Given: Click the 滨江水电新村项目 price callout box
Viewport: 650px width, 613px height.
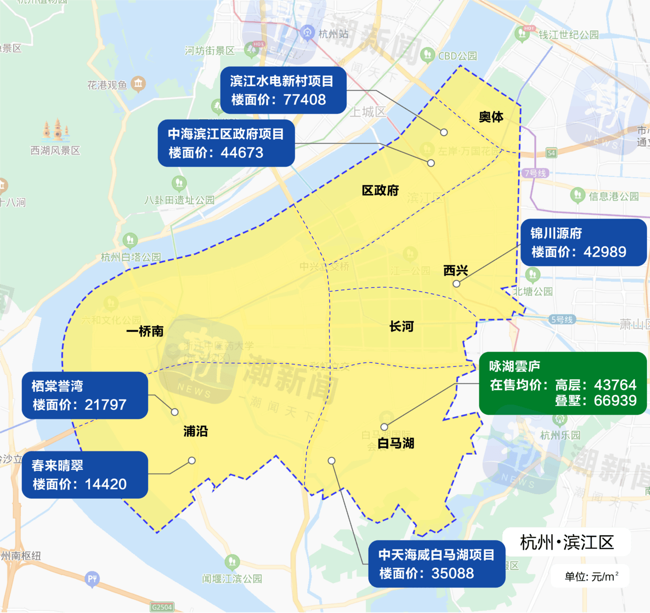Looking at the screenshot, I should (x=283, y=90).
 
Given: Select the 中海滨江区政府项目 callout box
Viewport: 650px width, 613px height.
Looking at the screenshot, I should (x=226, y=143).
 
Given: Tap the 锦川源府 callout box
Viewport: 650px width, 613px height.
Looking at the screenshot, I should (x=583, y=242).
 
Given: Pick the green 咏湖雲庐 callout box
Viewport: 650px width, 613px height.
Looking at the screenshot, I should (x=563, y=383).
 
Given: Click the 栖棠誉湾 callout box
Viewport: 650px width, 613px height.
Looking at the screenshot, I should (x=85, y=395).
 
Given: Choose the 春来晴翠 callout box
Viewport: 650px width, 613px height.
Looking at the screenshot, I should (x=85, y=475).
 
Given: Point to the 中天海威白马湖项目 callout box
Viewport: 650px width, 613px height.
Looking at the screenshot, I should (x=437, y=564).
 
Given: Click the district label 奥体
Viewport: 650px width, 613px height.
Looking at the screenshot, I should (x=491, y=117).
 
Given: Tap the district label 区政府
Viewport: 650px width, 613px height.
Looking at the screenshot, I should (x=380, y=191).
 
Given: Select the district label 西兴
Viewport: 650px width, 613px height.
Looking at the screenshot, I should (x=456, y=270).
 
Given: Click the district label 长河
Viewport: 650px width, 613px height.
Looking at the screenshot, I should (x=402, y=326).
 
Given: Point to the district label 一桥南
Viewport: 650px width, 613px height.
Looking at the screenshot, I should (x=145, y=331).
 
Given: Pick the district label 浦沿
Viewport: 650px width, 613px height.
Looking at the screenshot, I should (x=196, y=432).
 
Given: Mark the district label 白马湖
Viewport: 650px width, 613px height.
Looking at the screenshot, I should (x=396, y=443).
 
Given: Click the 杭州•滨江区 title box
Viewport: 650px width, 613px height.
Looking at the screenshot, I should (x=567, y=542).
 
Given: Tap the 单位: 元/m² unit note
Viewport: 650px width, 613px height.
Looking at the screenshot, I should (x=591, y=576).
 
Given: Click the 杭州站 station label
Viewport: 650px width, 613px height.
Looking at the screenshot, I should (x=334, y=34).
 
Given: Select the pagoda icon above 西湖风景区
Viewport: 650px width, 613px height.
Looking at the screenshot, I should (x=56, y=130).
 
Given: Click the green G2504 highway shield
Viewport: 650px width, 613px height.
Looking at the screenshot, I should (x=162, y=607).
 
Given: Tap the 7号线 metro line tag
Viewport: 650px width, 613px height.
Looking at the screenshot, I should (x=535, y=173).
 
